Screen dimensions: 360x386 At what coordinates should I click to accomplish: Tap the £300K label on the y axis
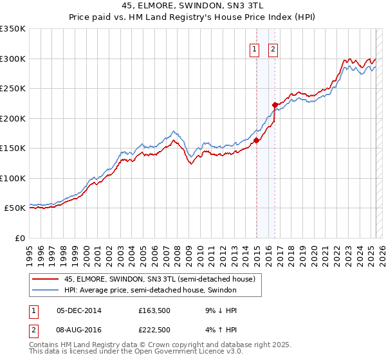click(13, 59)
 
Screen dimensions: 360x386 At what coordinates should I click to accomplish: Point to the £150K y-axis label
click(13, 148)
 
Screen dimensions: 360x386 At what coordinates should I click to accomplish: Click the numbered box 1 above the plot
click(254, 50)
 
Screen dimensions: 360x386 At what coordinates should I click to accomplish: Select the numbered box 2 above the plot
click(273, 50)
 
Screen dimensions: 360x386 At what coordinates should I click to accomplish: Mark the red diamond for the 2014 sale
click(256, 140)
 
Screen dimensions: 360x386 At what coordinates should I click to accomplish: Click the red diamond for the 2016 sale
click(275, 105)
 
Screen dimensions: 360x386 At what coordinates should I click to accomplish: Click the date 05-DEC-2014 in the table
click(79, 310)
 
